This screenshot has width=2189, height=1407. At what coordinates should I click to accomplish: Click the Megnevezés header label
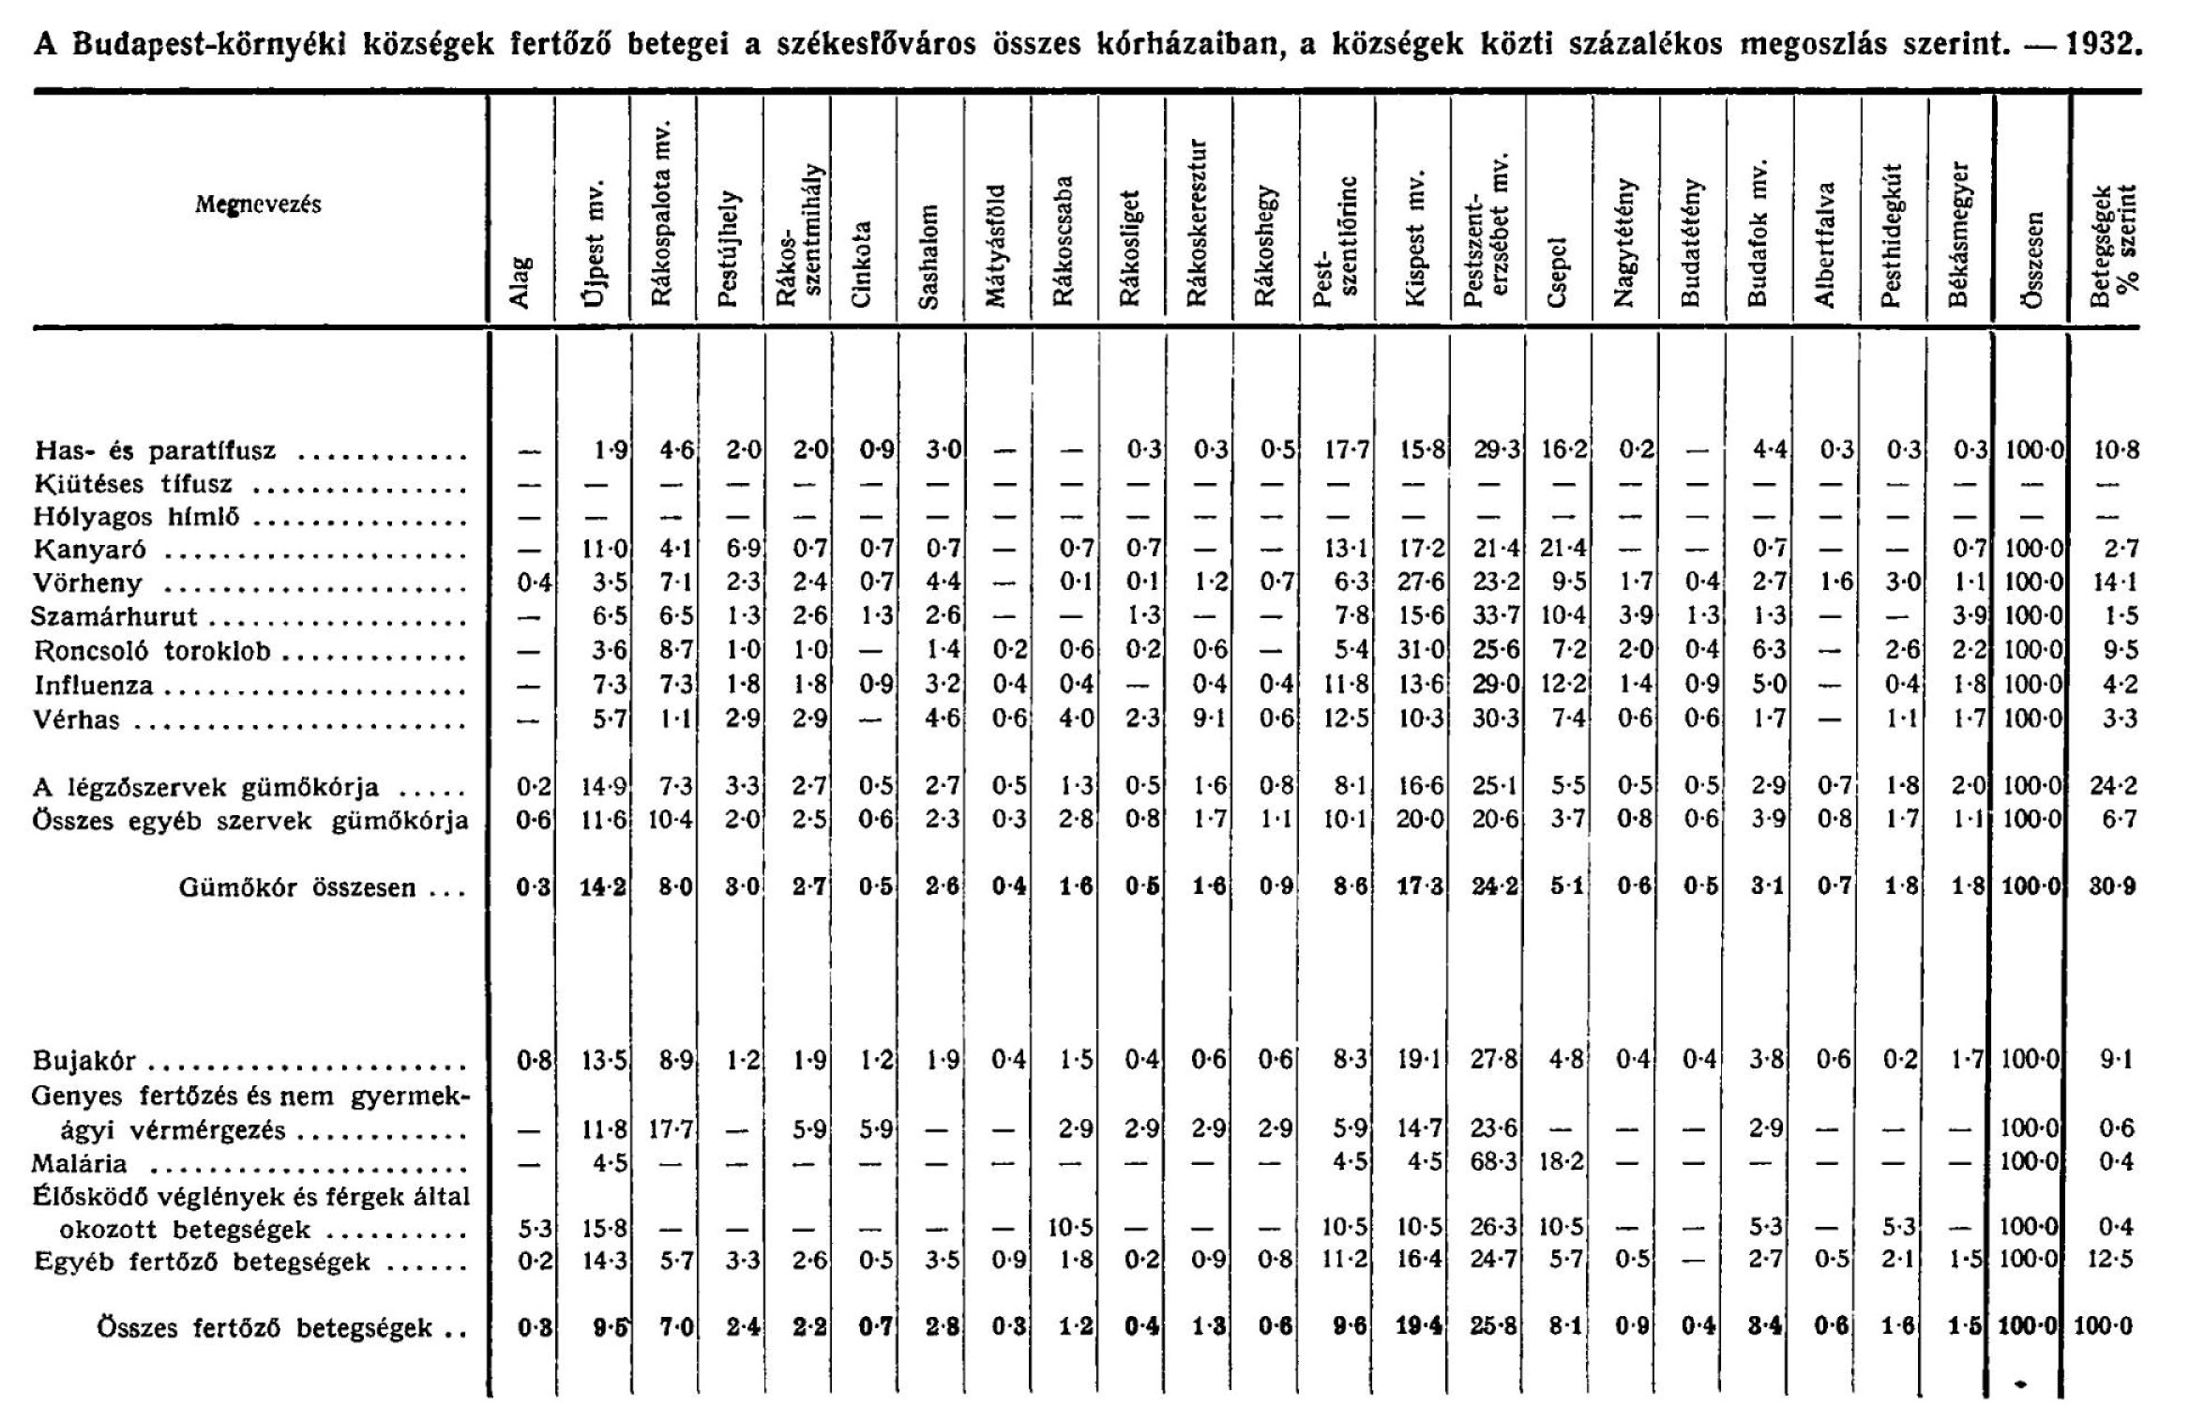click(x=258, y=204)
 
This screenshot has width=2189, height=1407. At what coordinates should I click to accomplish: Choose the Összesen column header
click(x=2032, y=271)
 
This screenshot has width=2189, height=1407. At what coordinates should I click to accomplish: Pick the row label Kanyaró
click(x=90, y=550)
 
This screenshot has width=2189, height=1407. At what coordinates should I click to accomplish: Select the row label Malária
click(x=80, y=1163)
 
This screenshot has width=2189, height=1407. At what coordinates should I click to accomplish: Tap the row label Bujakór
click(x=84, y=1061)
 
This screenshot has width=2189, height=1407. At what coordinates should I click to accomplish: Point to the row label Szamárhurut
click(x=114, y=617)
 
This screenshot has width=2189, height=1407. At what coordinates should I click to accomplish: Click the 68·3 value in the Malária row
click(x=1495, y=1163)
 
